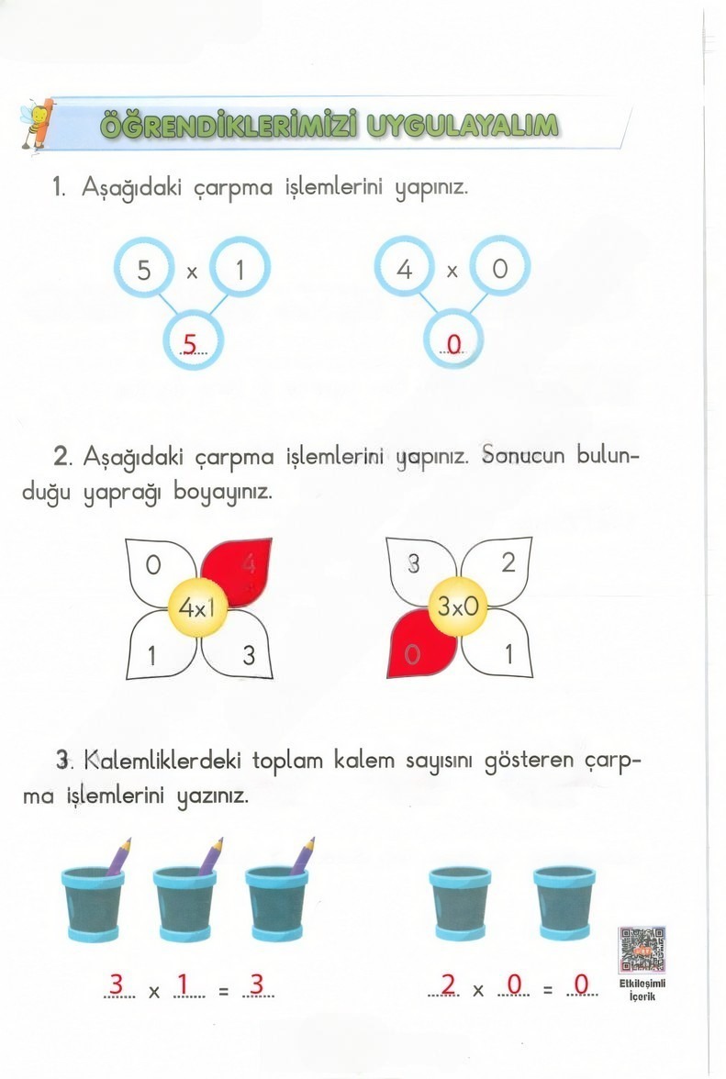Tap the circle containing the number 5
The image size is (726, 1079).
[x=143, y=271]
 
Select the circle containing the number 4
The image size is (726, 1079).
[x=405, y=270]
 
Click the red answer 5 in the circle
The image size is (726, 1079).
[x=191, y=344]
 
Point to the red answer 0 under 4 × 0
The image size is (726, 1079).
[x=452, y=345]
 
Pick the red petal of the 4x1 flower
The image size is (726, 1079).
[x=236, y=571]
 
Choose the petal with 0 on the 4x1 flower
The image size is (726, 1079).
[x=158, y=569]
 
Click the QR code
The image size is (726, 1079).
[x=642, y=951]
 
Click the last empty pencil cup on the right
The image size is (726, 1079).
[x=564, y=904]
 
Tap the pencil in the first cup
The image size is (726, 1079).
[x=118, y=855]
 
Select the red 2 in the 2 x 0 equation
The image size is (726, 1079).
[x=448, y=984]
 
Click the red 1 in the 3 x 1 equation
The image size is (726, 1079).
[x=181, y=984]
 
